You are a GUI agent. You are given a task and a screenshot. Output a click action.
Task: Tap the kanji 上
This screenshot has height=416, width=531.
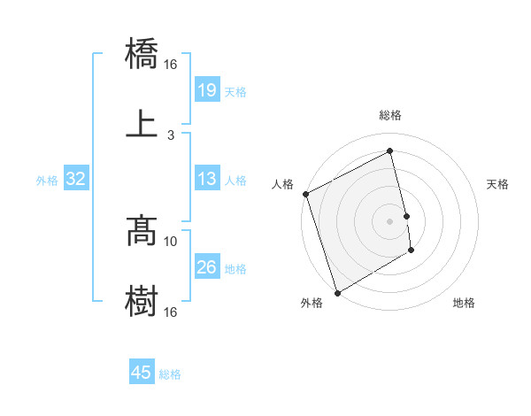click(142, 123)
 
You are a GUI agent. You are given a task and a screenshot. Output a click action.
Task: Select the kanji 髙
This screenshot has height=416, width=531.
click(142, 232)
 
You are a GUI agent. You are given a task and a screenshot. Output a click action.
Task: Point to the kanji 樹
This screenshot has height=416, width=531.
click(142, 301)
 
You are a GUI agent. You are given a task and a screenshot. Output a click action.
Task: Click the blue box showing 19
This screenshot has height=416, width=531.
click(206, 89)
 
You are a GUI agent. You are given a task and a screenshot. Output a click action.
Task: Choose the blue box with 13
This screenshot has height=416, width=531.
click(206, 180)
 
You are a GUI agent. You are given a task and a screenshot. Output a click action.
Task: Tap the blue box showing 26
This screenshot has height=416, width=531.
click(206, 267)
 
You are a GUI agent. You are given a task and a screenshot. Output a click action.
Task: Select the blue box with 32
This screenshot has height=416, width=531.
click(76, 180)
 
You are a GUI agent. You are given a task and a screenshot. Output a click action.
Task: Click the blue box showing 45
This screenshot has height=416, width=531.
click(142, 373)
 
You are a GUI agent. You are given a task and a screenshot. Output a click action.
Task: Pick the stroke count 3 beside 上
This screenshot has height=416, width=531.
click(171, 135)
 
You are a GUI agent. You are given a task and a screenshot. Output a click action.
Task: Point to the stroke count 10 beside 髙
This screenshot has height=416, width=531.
click(171, 241)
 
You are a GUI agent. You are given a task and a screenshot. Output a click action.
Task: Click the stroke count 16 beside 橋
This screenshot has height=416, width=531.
click(171, 65)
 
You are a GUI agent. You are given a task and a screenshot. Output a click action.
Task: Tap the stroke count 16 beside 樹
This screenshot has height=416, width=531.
click(171, 312)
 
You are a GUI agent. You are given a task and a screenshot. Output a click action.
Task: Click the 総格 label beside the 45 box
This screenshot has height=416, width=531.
click(170, 374)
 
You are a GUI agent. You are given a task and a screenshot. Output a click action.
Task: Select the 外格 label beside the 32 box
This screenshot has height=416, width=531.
click(47, 181)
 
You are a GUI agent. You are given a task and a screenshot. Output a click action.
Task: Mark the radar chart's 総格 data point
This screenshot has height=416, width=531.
click(389, 151)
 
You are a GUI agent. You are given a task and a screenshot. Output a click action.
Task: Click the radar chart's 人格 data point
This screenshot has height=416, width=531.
click(306, 194)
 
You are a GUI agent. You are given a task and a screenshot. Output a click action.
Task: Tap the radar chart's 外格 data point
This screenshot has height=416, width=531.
click(337, 292)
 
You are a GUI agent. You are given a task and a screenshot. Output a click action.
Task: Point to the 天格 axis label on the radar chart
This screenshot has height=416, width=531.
click(498, 184)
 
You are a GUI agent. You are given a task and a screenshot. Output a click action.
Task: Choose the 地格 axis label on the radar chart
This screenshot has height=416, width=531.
click(464, 303)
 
